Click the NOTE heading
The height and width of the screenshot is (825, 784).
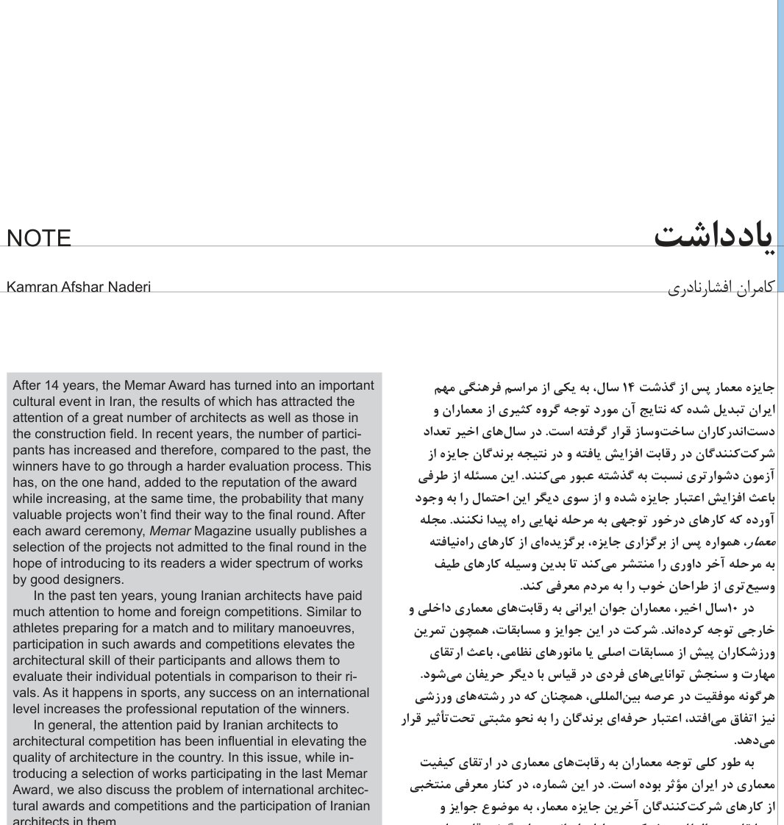[x=39, y=238]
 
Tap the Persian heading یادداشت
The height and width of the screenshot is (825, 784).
[x=713, y=236]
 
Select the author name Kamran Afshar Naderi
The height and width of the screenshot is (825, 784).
[x=79, y=287]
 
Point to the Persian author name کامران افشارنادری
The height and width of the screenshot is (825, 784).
[x=721, y=287]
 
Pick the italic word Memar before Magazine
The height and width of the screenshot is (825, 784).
[x=165, y=531]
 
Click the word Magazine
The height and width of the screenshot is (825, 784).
[x=220, y=531]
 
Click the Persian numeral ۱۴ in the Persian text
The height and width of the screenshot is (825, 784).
[x=631, y=386]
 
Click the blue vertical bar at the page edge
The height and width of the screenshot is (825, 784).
[x=780, y=147]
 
